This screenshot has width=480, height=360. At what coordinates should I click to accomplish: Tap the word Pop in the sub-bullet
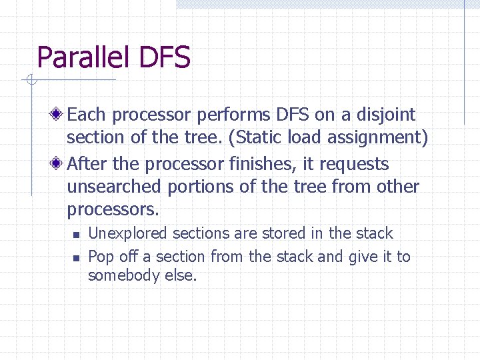pos(101,257)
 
